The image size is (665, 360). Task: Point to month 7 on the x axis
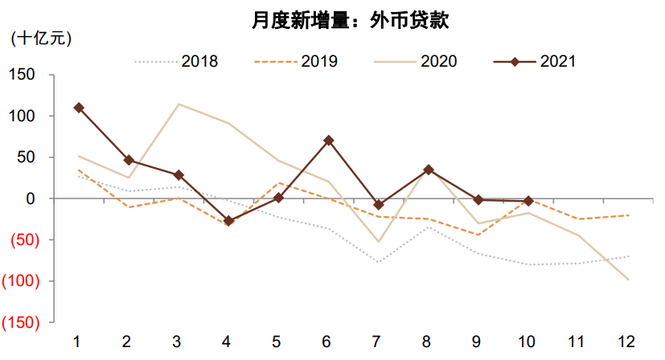coord(376,342)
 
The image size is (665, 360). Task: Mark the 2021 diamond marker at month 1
coord(79,108)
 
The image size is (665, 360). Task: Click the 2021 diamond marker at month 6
coord(327,141)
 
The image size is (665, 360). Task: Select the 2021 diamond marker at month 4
coord(228,220)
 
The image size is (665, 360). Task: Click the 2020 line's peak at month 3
coord(178,104)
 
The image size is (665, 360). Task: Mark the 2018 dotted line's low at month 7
coord(376,262)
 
